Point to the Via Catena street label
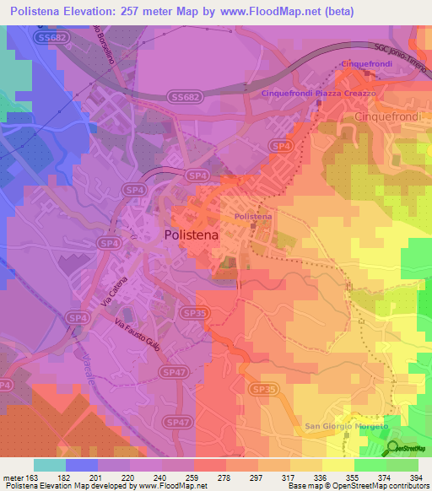[x=115, y=291]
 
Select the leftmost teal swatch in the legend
[x=50, y=465]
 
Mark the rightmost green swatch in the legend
[x=402, y=465]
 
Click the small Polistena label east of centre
[x=252, y=217]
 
